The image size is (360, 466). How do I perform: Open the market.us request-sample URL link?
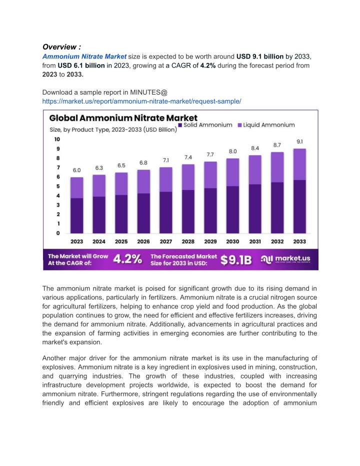click(142, 101)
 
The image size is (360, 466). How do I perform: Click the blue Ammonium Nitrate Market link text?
click(84, 56)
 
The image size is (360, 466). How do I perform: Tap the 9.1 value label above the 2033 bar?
click(299, 141)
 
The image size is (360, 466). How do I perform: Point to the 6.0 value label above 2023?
click(76, 170)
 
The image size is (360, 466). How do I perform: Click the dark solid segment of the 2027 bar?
click(166, 212)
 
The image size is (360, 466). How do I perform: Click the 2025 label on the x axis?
click(121, 241)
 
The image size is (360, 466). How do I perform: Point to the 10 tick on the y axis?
click(57, 139)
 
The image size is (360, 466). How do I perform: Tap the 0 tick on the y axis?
click(57, 233)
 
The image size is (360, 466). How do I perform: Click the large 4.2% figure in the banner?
click(127, 258)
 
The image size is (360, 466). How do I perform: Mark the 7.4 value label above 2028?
click(188, 157)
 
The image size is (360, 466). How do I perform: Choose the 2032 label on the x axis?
click(277, 241)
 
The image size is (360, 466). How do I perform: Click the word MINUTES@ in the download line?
click(150, 92)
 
